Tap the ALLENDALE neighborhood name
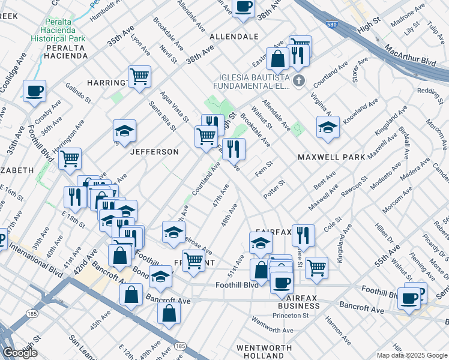click(234, 37)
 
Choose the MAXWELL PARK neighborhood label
click(331, 157)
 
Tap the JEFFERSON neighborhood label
click(154, 152)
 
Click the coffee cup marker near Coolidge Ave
click(34, 91)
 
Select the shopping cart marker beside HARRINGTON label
click(139, 76)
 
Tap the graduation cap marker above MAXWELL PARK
click(328, 127)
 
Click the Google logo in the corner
click(20, 353)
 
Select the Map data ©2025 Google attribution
click(411, 355)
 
